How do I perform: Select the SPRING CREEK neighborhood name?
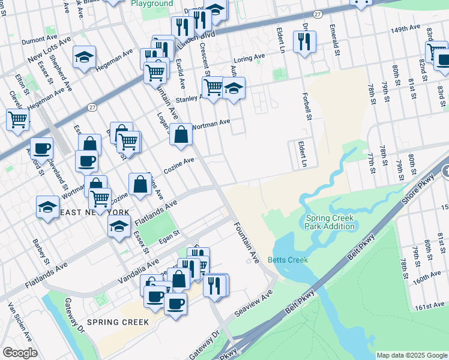point(118,322)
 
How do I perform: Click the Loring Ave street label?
point(249,59)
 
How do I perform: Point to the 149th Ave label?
point(405,28)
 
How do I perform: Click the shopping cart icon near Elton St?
point(17,119)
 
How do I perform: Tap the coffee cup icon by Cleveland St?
point(41,147)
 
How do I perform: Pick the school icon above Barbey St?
point(47,206)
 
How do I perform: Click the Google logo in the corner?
point(20,353)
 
